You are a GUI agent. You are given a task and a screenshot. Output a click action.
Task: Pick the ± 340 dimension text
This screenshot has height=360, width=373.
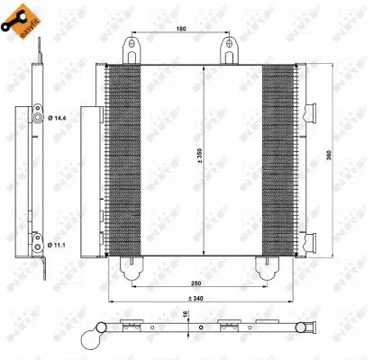click(196, 298)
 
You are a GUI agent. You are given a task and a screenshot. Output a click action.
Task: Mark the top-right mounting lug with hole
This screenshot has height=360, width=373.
click(226, 49)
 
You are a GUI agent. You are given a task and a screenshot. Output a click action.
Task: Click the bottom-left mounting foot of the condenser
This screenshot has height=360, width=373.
click(129, 267)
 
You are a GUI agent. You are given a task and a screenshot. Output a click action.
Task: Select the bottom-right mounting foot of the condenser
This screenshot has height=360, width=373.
click(265, 267)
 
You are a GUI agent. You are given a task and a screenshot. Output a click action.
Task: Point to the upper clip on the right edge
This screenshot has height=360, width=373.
click(313, 112)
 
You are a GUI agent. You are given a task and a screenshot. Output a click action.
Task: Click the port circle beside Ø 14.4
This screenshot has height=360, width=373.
click(36, 117)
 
